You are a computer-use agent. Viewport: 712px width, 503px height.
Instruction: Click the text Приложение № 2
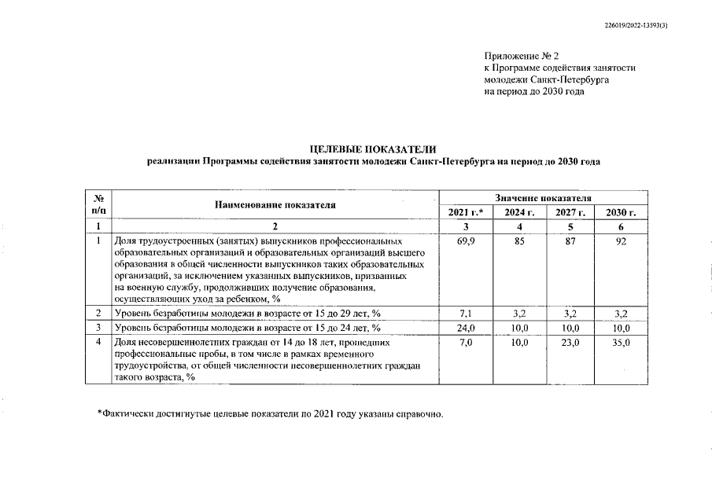click(521, 56)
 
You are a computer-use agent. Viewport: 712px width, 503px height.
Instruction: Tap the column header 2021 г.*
click(465, 213)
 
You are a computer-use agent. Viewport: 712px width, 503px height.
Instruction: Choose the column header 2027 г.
click(570, 213)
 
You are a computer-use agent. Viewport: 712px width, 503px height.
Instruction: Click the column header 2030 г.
click(621, 213)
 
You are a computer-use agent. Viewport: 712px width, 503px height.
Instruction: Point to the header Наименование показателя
click(275, 205)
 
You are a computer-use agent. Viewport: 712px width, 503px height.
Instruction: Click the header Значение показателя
click(543, 199)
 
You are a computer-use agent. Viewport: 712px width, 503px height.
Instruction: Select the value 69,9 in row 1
click(465, 241)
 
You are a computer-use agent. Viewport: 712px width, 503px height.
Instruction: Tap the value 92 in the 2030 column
click(621, 241)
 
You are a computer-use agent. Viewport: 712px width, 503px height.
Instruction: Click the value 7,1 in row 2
click(465, 314)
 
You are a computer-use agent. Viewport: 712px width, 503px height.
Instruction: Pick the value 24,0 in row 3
click(465, 328)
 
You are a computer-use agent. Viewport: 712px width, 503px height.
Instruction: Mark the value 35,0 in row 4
click(621, 343)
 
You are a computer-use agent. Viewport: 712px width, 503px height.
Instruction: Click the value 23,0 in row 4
click(570, 343)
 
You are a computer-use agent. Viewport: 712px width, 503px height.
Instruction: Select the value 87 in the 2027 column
click(570, 241)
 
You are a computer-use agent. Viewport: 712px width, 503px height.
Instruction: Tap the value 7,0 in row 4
click(465, 343)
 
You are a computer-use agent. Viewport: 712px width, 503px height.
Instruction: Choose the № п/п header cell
click(99, 205)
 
